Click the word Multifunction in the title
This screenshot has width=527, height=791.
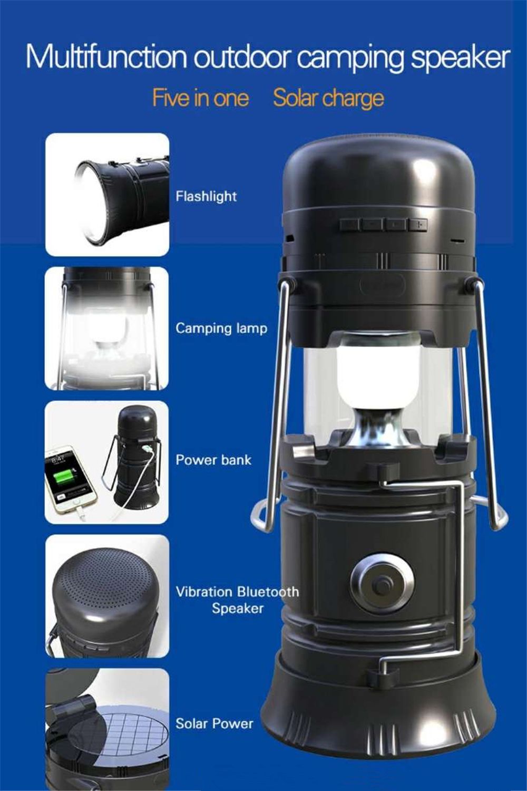[x=106, y=57]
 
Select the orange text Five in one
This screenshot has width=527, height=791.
[x=200, y=99]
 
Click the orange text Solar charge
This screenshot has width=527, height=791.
[x=328, y=99]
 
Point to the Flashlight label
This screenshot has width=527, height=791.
[x=206, y=197]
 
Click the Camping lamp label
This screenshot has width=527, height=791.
[x=221, y=329]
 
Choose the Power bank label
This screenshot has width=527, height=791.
[x=213, y=460]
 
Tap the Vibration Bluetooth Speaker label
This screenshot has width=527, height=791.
[x=237, y=600]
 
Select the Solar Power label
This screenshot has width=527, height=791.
[x=214, y=724]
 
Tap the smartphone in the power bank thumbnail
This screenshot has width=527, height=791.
[x=70, y=478]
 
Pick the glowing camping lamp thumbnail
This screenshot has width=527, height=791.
[x=107, y=328]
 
